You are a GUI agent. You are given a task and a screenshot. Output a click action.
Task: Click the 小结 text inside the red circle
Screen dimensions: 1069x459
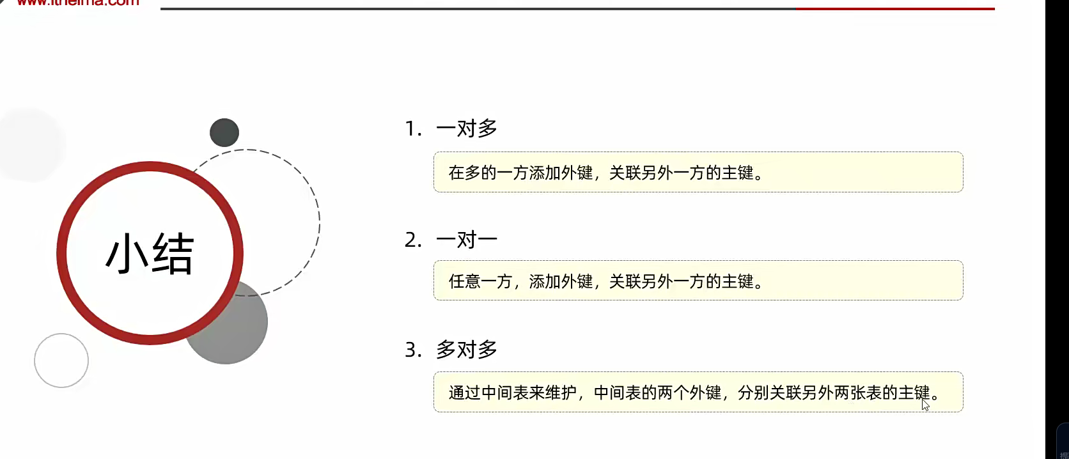(150, 254)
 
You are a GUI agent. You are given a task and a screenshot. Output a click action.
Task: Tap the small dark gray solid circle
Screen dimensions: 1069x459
(224, 132)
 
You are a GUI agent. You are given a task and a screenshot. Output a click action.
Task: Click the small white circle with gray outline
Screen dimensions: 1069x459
(61, 361)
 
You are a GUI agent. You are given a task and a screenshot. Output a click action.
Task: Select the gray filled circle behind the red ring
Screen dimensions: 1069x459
(237, 332)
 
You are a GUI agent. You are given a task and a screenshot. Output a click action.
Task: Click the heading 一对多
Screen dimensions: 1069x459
(467, 128)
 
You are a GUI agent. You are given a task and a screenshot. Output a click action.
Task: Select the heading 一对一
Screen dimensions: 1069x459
(467, 240)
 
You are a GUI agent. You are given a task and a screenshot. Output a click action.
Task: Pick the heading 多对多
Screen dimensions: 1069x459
(467, 350)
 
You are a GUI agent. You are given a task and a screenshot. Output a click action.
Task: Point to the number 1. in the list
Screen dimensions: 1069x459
(413, 129)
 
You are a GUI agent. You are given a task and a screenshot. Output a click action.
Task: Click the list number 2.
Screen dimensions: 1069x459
(413, 240)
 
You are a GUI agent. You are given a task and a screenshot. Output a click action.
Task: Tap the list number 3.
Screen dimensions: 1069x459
(413, 350)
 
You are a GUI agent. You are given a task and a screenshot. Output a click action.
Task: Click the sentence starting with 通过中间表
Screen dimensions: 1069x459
(694, 393)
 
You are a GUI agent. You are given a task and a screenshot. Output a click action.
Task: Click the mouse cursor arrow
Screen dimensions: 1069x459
(925, 405)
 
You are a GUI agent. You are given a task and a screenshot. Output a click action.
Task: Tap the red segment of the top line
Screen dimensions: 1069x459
(895, 9)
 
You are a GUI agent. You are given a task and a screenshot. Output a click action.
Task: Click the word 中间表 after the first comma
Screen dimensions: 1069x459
(617, 393)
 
